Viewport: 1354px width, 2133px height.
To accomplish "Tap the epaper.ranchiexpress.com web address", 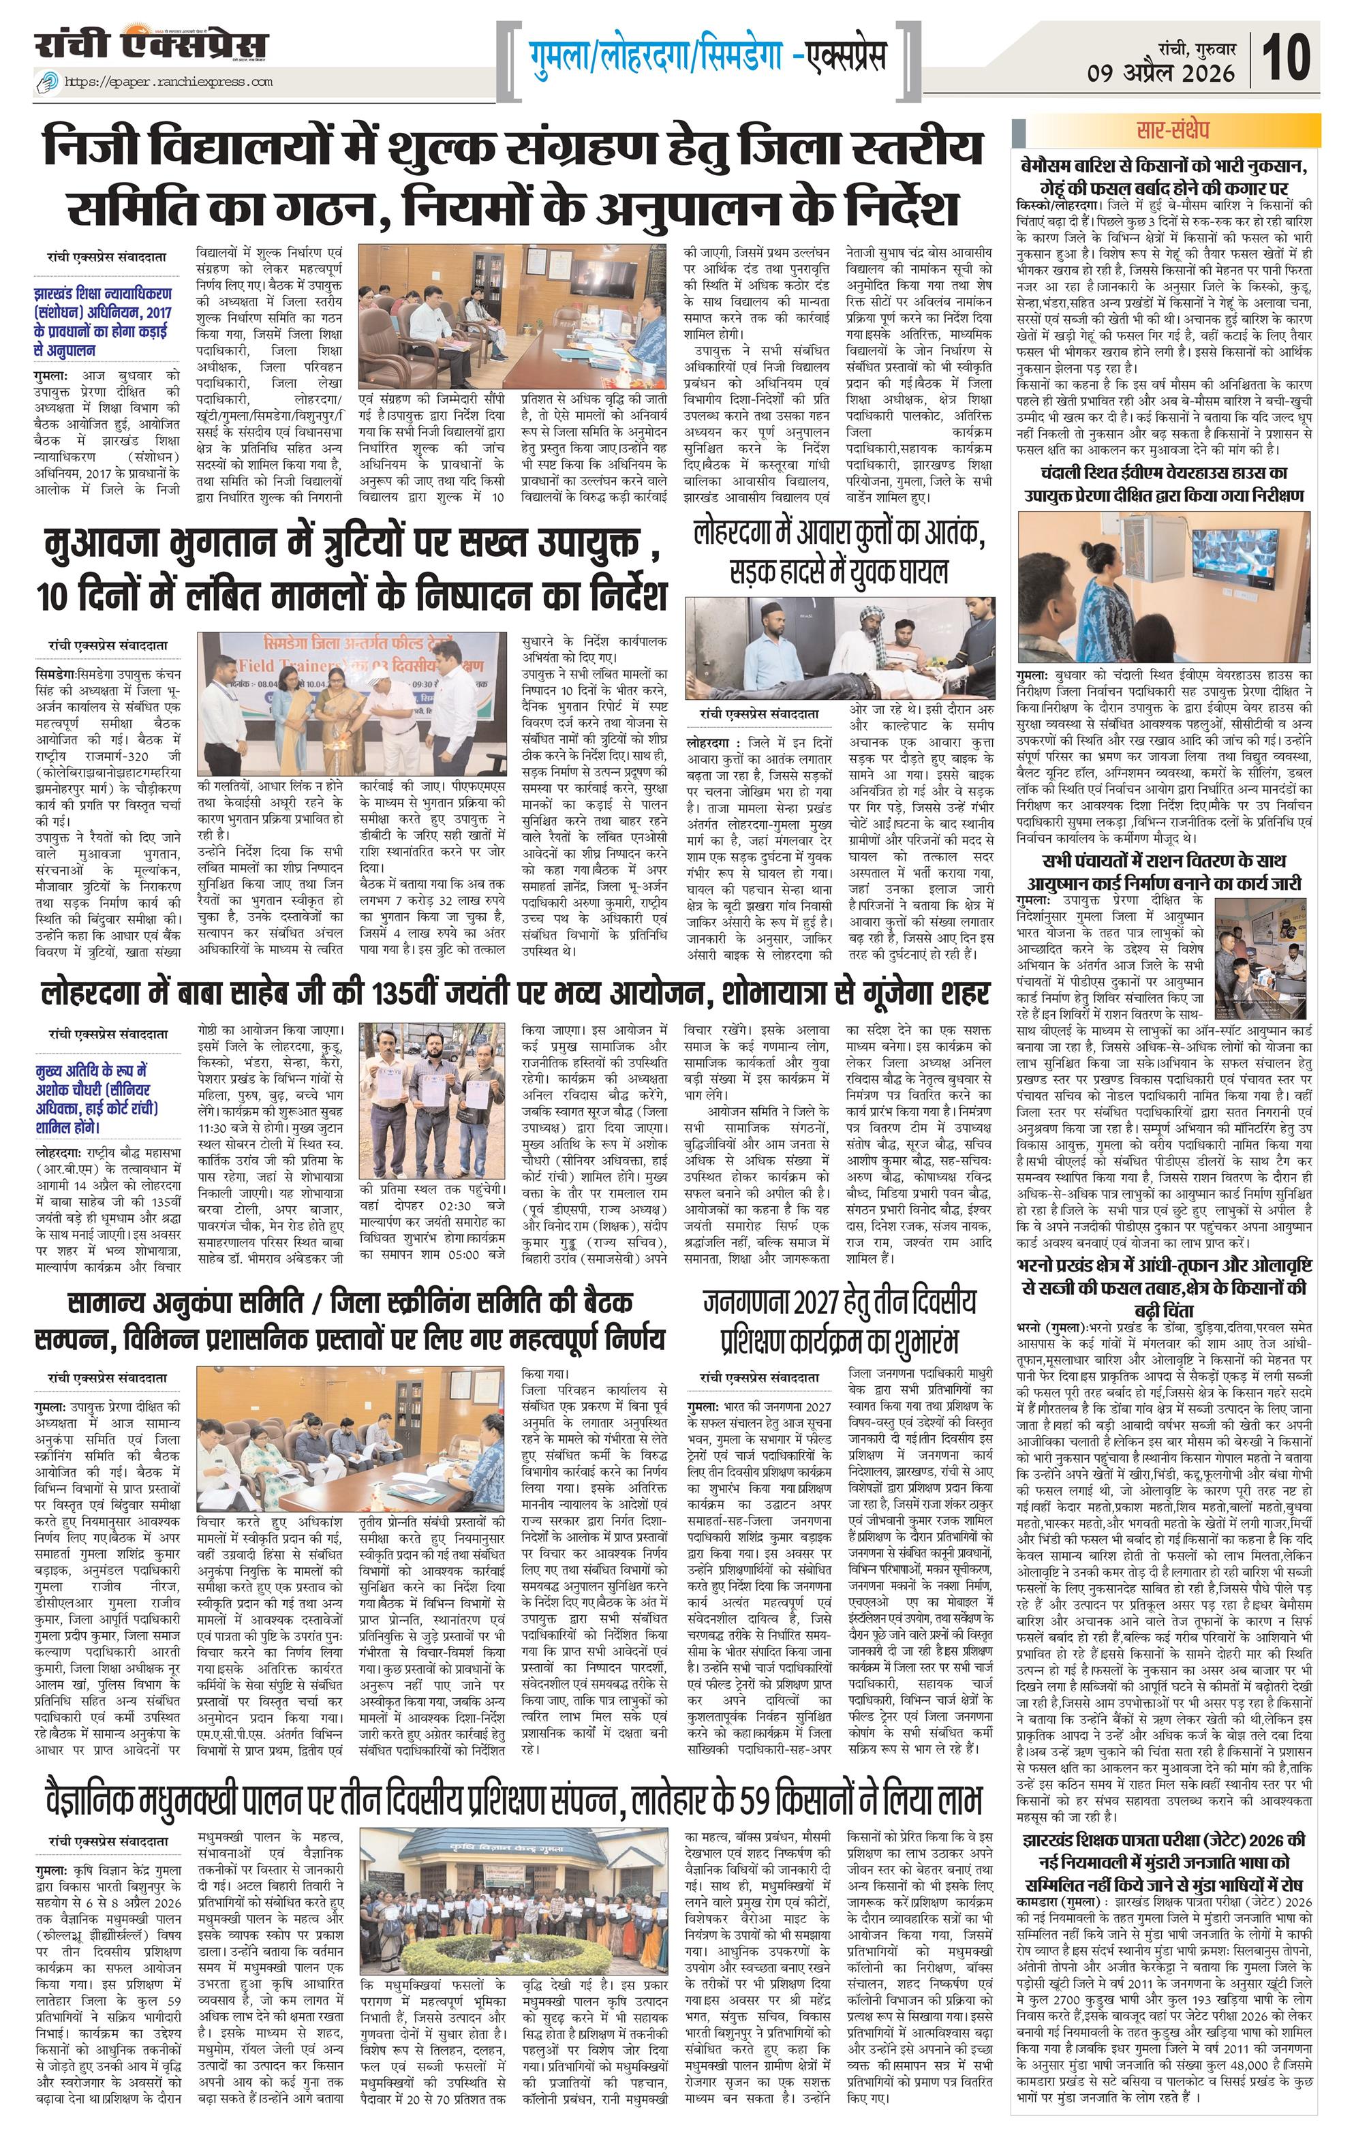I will [x=168, y=82].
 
